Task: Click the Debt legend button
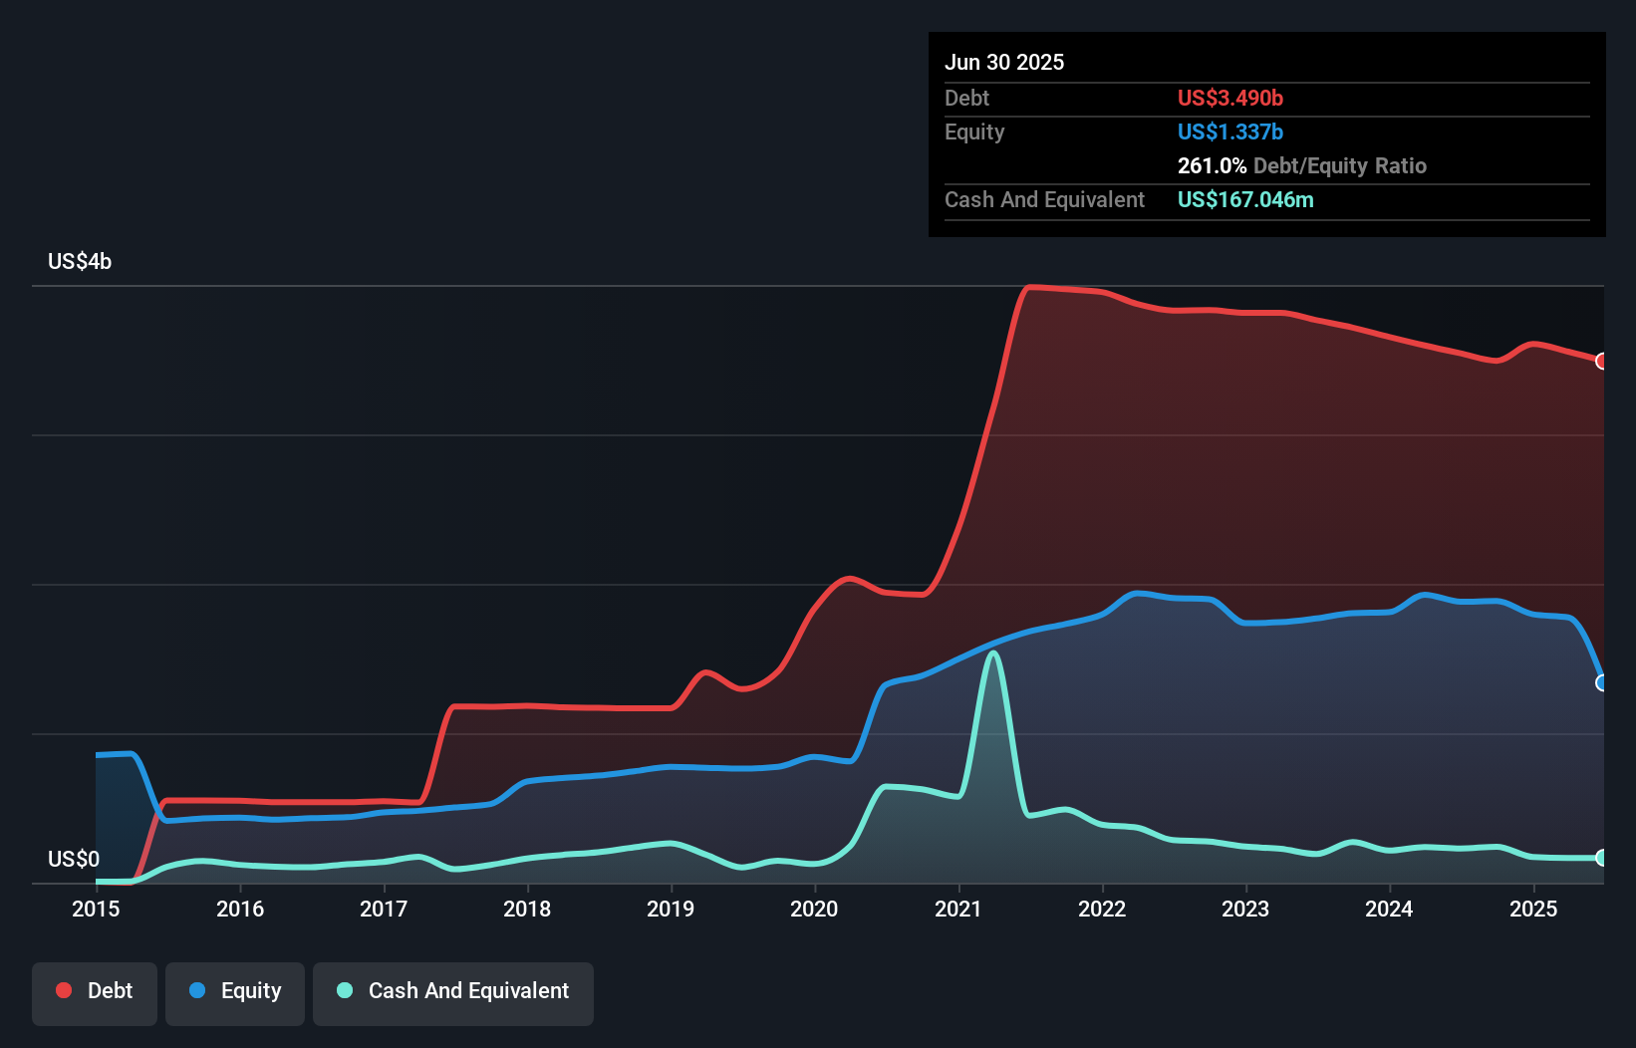coord(95,992)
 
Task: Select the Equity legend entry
coord(235,992)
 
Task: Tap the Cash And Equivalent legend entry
coord(453,992)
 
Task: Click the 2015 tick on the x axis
coord(96,909)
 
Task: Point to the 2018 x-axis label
coord(527,909)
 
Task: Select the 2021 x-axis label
coord(958,909)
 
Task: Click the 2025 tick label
coord(1533,909)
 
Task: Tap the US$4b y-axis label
coord(80,262)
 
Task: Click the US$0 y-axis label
coord(74,859)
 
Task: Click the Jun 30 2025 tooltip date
coord(1004,63)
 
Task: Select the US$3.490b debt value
coord(1229,99)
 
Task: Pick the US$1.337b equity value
coord(1229,132)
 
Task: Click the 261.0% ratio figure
coord(1212,166)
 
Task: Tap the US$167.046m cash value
coord(1245,200)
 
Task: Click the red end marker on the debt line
coord(1601,361)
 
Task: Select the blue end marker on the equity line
coord(1601,682)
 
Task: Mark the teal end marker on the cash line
coord(1601,858)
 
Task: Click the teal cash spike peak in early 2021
coord(992,654)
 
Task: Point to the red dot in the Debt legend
coord(64,990)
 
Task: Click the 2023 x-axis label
coord(1245,909)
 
